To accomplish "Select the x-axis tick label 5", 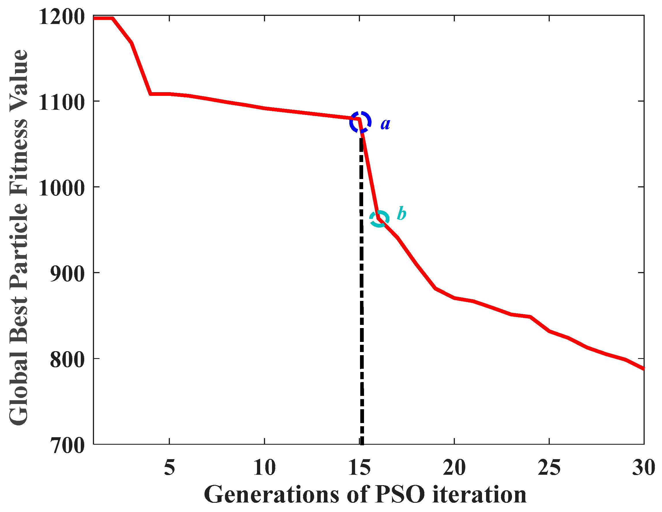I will point(169,468).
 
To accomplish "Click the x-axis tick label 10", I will point(264,468).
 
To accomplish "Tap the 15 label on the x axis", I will point(359,468).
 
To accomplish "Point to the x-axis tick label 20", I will point(454,468).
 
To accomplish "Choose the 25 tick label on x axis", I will point(549,468).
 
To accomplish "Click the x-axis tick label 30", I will point(643,468).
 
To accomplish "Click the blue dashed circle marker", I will point(360,122).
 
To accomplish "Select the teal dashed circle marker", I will point(379,219).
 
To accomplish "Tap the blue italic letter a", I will point(385,124).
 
